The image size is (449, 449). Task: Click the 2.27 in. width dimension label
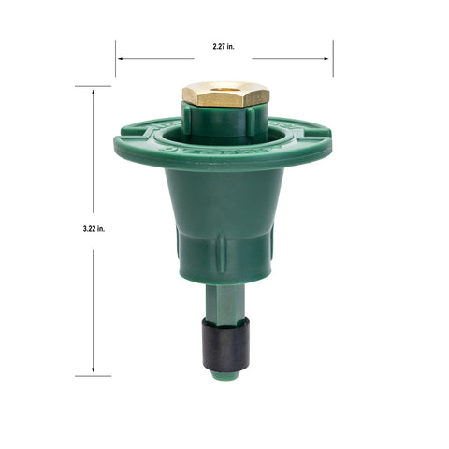pyautogui.click(x=224, y=47)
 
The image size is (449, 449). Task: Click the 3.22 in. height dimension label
pyautogui.click(x=94, y=229)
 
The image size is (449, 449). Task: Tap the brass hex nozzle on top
pyautogui.click(x=225, y=94)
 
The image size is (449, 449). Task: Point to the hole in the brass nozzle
pyautogui.click(x=225, y=86)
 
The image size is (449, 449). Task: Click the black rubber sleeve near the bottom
pyautogui.click(x=225, y=344)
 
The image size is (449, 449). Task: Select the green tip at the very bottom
pyautogui.click(x=225, y=375)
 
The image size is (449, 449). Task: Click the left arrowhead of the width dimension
pyautogui.click(x=120, y=58)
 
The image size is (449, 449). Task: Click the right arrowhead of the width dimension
pyautogui.click(x=326, y=58)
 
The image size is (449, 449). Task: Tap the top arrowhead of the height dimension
pyautogui.click(x=93, y=93)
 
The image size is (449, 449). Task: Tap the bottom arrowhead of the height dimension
pyautogui.click(x=93, y=369)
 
